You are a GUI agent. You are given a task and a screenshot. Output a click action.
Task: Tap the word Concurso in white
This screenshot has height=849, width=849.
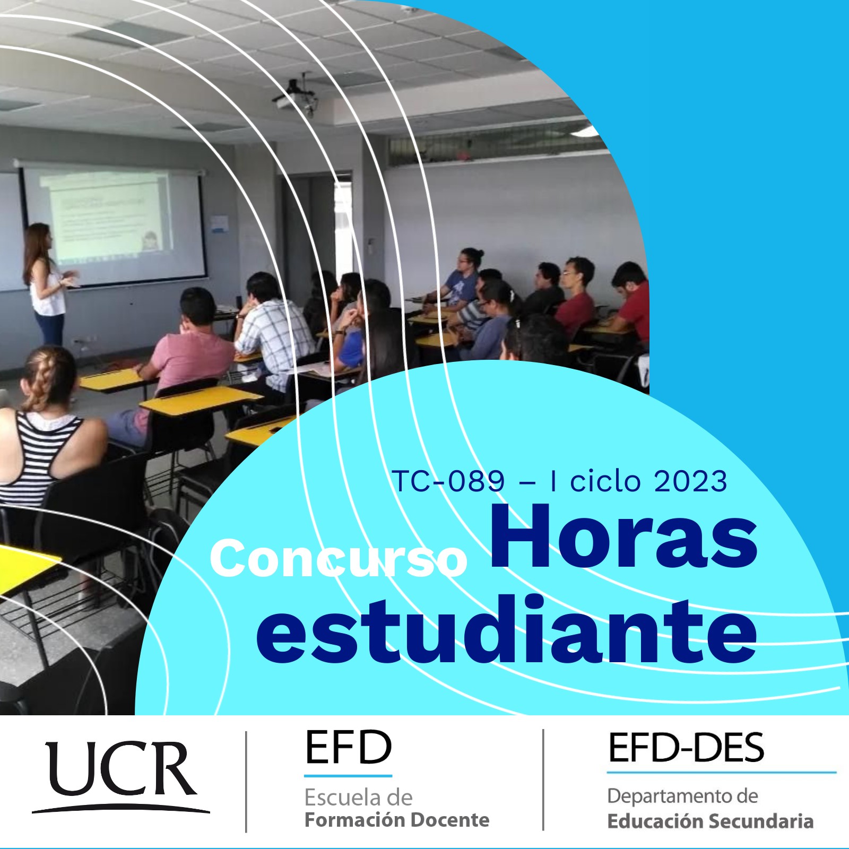pyautogui.click(x=338, y=558)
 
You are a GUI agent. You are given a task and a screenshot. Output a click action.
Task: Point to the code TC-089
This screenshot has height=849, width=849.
pyautogui.click(x=448, y=481)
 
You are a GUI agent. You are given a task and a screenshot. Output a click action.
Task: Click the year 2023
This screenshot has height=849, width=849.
pyautogui.click(x=690, y=481)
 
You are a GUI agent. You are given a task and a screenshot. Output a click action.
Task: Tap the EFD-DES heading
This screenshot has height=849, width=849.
pyautogui.click(x=686, y=748)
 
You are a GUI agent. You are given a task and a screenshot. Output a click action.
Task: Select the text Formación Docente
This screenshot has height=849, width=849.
pyautogui.click(x=397, y=820)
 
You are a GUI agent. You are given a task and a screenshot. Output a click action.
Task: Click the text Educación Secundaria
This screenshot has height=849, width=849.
pyautogui.click(x=710, y=821)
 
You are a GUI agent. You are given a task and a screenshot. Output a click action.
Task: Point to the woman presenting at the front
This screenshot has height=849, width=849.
pyautogui.click(x=46, y=284)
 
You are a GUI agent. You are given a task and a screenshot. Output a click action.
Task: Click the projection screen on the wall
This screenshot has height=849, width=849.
pyautogui.click(x=114, y=223)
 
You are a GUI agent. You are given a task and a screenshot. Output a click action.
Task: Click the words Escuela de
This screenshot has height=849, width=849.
pyautogui.click(x=358, y=798)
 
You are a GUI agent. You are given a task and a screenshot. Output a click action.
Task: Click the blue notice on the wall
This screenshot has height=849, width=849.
pyautogui.click(x=219, y=223)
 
